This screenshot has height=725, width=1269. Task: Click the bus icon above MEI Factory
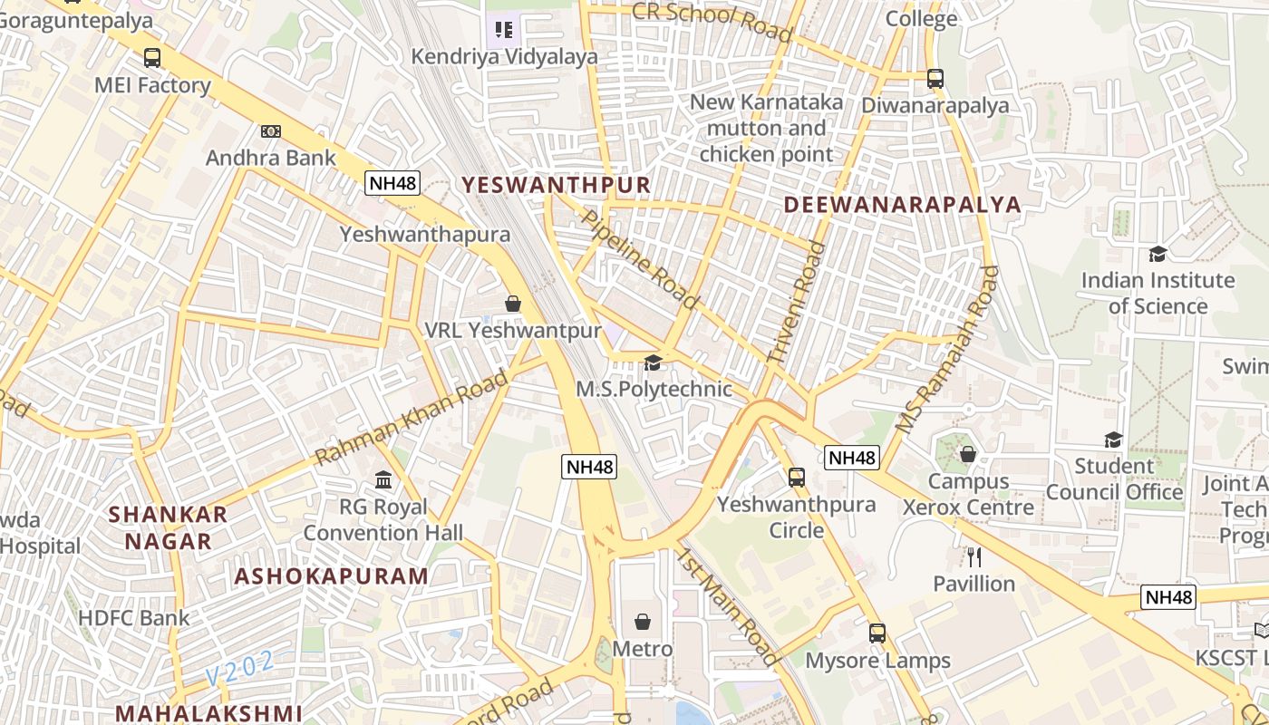(152, 58)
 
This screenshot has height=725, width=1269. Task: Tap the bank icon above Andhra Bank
(270, 131)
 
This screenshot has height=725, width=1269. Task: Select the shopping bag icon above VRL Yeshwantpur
(513, 304)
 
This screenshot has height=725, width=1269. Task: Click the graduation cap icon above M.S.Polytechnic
(652, 363)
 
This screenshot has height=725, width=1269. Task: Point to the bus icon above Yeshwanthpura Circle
(797, 477)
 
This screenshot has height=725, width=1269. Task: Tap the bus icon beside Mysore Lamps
(877, 633)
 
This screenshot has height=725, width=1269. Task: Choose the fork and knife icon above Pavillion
(974, 556)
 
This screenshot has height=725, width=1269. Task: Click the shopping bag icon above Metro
(643, 622)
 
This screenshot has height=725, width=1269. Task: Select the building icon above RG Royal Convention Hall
(383, 479)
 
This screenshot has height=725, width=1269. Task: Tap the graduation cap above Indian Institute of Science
(1158, 254)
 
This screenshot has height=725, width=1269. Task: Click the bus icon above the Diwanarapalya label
(935, 79)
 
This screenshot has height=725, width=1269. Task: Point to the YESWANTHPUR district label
(556, 186)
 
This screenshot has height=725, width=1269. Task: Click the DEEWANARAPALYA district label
(902, 204)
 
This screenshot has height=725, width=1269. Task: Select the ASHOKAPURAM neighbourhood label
(332, 576)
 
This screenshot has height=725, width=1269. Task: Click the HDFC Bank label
(134, 618)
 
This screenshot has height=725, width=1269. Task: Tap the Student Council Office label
(1114, 479)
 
